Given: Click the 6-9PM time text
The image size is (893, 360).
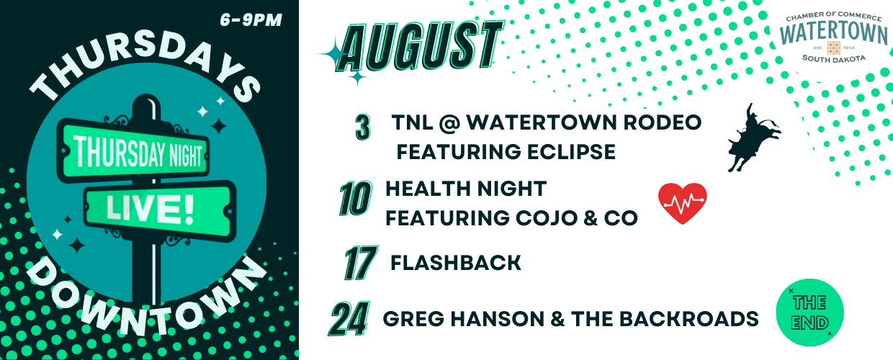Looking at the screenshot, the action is coord(251,20).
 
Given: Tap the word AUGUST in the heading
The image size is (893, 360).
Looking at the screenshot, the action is coord(420,46).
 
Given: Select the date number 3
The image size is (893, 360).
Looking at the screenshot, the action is coord(363,127).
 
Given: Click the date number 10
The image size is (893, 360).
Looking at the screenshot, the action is coord(355,198).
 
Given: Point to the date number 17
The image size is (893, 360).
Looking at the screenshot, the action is coord(361,263).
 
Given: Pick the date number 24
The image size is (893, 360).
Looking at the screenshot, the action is coord(349,318).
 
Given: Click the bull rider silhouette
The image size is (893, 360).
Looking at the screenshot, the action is coord(753,138).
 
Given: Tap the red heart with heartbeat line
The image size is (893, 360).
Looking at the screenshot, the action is coord(683,203).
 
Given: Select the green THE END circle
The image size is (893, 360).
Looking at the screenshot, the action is coord(809,312).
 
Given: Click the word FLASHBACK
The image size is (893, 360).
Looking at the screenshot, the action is coord(456,263).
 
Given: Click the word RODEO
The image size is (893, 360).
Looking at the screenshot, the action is coord(662,122).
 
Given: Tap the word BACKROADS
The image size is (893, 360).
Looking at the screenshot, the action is coord(688,319).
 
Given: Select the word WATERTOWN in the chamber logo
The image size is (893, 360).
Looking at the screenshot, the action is coord(833,33).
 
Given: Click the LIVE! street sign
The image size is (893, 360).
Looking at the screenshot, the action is coord(159,210).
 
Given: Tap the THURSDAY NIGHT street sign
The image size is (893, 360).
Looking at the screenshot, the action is coord(133,150).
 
